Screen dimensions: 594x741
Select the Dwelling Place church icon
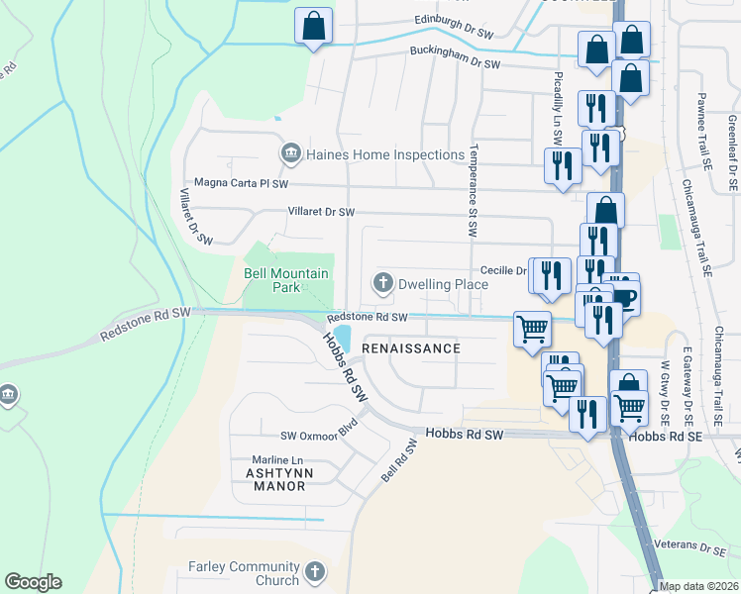point(382,283)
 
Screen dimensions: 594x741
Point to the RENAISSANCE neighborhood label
point(411,348)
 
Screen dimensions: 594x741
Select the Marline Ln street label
point(277,459)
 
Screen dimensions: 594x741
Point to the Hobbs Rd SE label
point(665,435)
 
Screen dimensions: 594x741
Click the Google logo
point(33,582)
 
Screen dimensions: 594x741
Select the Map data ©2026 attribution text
point(698,587)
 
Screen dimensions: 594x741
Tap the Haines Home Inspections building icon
point(291,153)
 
